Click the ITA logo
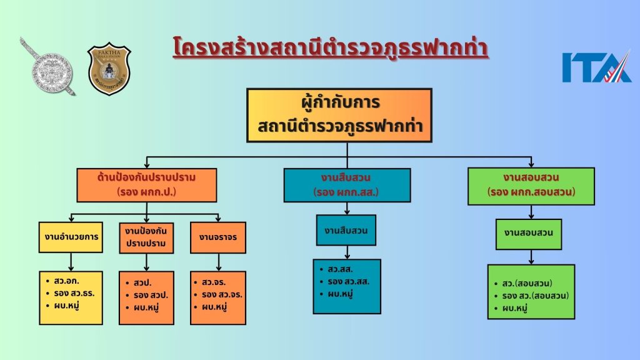pos(597,66)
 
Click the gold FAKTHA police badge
pos(109,69)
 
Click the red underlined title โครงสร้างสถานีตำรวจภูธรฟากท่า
pos(330,47)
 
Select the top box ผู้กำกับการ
pos(339,116)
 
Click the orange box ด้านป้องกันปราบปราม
pos(146,185)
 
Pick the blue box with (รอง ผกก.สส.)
pos(347,185)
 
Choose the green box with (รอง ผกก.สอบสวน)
pos(531,186)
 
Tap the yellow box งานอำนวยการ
pos(71,237)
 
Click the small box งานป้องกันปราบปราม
pos(146,237)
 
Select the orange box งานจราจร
pos(218,237)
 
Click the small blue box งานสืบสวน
pos(346,230)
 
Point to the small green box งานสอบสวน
pos(529,234)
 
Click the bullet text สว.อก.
pos(66,281)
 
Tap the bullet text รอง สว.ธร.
pos(74,293)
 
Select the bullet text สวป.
pos(142,282)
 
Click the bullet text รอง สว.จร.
pos(222,294)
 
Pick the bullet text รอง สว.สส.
pos(348,281)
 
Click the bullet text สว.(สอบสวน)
pos(527,283)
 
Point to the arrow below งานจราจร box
pos(218,262)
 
